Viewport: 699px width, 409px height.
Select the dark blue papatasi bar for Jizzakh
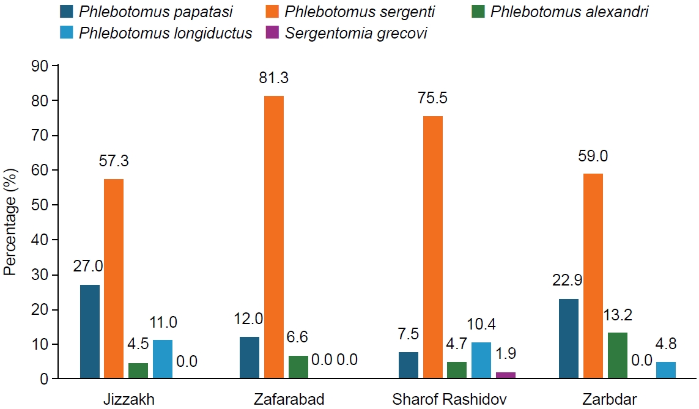[89, 331]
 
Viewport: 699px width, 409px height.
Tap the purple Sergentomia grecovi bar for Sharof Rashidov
[506, 375]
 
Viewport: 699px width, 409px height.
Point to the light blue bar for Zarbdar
[666, 370]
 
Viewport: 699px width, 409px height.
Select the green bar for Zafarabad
[298, 367]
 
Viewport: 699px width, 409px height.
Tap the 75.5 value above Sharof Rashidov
[432, 98]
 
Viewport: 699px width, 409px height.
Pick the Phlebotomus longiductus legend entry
[165, 32]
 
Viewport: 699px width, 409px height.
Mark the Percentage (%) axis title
[10, 222]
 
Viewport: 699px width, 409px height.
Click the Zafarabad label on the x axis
[289, 400]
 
